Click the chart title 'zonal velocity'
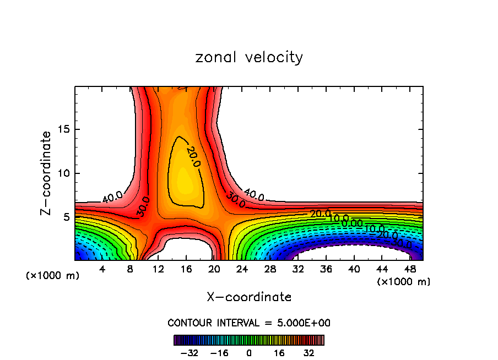249,57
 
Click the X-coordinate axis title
249,297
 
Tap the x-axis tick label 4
102,269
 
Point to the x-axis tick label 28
270,269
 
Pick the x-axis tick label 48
410,269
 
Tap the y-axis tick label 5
67,217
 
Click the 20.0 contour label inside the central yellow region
193,156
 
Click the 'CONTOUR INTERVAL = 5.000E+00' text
249,323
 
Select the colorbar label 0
249,352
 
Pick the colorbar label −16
219,352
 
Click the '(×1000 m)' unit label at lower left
53,276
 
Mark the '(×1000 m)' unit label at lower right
404,282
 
